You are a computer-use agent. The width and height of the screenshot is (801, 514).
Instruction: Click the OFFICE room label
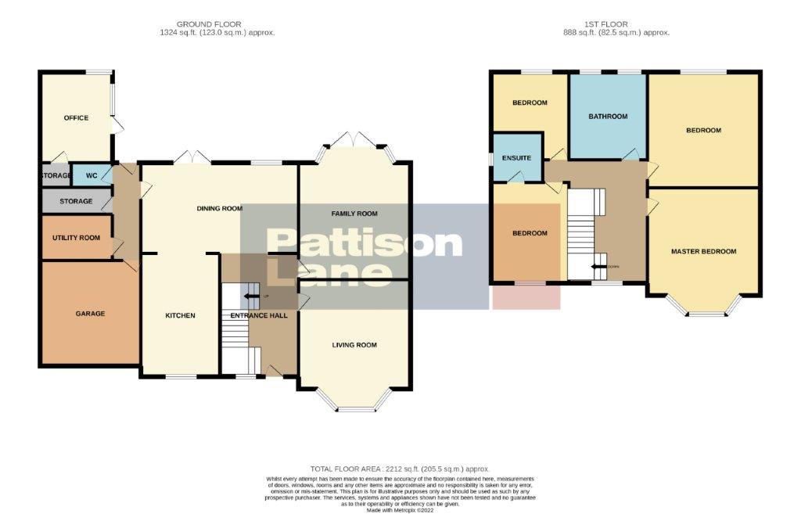pyautogui.click(x=76, y=118)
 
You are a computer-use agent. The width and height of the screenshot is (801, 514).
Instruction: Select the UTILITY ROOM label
pyautogui.click(x=76, y=238)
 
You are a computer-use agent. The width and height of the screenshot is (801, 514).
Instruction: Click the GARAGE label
pyautogui.click(x=90, y=314)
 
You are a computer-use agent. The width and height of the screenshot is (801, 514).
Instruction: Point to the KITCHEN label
pyautogui.click(x=180, y=315)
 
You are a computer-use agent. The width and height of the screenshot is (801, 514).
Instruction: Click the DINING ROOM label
pyautogui.click(x=218, y=209)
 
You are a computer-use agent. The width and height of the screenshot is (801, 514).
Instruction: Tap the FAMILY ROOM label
pyautogui.click(x=354, y=214)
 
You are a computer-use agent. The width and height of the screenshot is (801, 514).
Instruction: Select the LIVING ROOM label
pyautogui.click(x=354, y=345)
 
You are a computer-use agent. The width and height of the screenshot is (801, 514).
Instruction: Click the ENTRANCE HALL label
pyautogui.click(x=258, y=316)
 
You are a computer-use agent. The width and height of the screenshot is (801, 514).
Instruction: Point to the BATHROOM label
pyautogui.click(x=608, y=117)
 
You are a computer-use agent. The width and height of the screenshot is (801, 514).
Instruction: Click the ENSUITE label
pyautogui.click(x=517, y=158)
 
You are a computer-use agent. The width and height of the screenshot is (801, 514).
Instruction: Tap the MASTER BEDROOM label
pyautogui.click(x=704, y=252)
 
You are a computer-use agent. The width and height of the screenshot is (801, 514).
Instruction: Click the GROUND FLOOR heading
pyautogui.click(x=209, y=24)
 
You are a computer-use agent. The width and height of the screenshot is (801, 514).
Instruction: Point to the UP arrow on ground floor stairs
pyautogui.click(x=251, y=297)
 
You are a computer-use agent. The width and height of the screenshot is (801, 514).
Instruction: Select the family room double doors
pyautogui.click(x=354, y=141)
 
